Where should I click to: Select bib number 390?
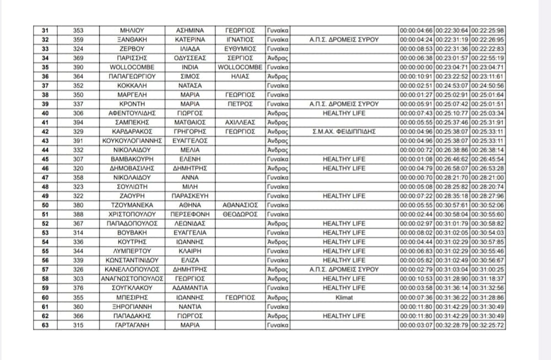point(78,67)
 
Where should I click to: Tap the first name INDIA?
point(190,67)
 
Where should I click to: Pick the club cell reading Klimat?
point(344,297)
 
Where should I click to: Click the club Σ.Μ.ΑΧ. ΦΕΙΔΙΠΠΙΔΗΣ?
point(344,132)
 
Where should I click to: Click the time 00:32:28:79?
point(452,325)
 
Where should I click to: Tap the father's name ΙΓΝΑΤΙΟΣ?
point(240,40)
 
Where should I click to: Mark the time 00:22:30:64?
point(452,30)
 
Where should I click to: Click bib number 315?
point(78,325)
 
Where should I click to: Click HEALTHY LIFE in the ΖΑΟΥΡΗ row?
point(344,196)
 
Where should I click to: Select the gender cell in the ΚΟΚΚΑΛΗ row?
point(278,85)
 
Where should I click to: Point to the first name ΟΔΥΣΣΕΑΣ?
point(190,58)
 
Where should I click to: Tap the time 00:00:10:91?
point(417,77)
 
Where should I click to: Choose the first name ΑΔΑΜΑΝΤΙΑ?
point(190,288)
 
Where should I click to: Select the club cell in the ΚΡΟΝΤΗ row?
point(344,104)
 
